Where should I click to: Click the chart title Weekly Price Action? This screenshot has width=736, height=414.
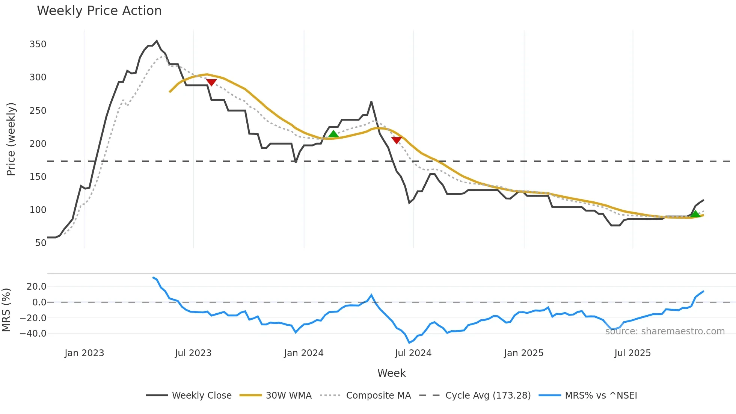[99, 11]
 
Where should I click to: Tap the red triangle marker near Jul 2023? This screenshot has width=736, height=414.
[211, 82]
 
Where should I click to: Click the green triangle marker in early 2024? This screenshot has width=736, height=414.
[333, 134]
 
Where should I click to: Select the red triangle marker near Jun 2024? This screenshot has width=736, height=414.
[397, 140]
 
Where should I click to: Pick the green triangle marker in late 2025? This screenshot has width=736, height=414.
[695, 214]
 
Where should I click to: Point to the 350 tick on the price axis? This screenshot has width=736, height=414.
[38, 44]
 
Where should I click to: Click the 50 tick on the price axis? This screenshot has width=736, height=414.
[41, 243]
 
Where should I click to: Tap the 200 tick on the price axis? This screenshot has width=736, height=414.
[38, 144]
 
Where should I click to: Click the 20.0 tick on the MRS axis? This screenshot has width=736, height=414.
[36, 287]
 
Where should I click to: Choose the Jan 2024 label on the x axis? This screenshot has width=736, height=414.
[303, 353]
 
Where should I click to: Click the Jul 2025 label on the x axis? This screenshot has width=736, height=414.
[632, 353]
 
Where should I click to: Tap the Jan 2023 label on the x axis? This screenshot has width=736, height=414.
[84, 353]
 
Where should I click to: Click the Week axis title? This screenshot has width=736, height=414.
[391, 373]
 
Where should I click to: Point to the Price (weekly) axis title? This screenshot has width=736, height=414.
[11, 139]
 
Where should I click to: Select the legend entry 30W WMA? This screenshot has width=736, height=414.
[288, 396]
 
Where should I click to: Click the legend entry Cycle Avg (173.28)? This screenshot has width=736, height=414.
[488, 396]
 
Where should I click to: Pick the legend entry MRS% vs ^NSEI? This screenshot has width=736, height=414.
[601, 396]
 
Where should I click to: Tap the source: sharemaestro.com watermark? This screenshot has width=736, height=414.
[665, 331]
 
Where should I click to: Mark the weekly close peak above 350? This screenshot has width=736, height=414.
[157, 41]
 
